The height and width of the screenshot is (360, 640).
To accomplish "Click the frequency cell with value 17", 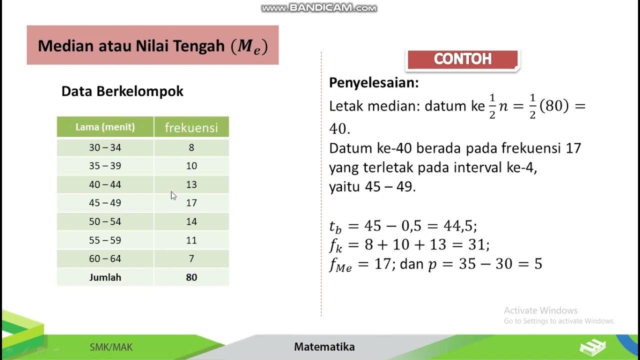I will click(x=191, y=203).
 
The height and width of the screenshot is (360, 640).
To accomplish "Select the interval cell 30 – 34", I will click(x=105, y=147).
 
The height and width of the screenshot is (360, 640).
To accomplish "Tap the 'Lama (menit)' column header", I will click(x=105, y=127).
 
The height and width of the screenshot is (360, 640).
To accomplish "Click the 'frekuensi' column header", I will click(x=191, y=128).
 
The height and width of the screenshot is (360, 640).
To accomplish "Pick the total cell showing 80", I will click(x=191, y=277).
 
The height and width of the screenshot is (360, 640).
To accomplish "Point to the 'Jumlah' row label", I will click(x=105, y=277).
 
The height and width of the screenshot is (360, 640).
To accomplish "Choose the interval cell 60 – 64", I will click(x=105, y=259).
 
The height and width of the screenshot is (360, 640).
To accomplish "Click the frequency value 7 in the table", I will click(x=191, y=259).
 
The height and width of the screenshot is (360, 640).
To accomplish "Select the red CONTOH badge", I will click(x=463, y=59).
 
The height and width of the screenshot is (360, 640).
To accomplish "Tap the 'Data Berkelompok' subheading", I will click(x=122, y=91).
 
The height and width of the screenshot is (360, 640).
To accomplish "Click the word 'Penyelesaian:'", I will click(x=374, y=83).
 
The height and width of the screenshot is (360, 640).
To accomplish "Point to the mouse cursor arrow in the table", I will click(x=173, y=195).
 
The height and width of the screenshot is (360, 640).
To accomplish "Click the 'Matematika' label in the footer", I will click(x=324, y=347).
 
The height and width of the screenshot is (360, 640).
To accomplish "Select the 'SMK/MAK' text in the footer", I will click(x=111, y=347).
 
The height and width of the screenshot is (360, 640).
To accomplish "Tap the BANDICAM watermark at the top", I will click(x=319, y=7).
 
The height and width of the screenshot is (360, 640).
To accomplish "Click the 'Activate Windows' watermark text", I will click(x=540, y=310).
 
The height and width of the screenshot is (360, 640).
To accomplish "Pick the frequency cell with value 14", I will click(x=191, y=221).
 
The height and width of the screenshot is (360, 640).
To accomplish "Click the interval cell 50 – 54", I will click(x=105, y=221).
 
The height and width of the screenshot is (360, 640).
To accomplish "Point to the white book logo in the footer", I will click(x=593, y=347).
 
